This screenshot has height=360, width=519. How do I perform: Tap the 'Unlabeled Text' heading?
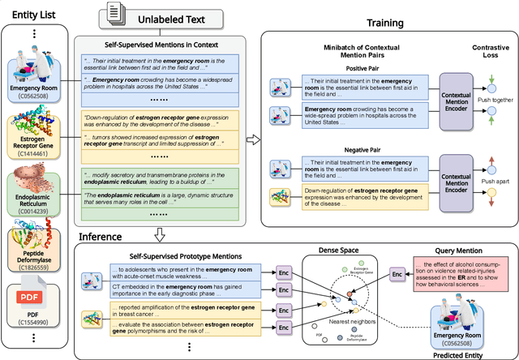[x=164, y=17]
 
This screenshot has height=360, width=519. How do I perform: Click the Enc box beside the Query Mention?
[x=397, y=276]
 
